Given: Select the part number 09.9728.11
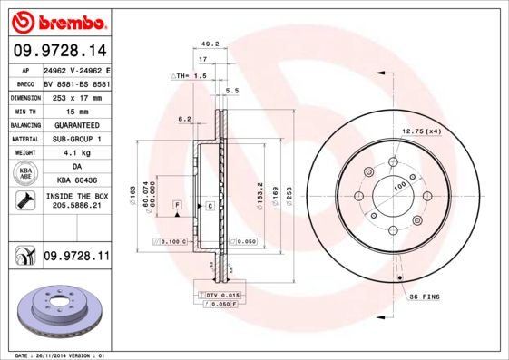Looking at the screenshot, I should pos(75,258).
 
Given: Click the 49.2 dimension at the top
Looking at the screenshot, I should pos(210,43).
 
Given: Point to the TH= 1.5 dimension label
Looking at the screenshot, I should pos(191,76).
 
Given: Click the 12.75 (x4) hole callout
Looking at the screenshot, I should pos(421,131).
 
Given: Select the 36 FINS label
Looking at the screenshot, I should pos(425,297).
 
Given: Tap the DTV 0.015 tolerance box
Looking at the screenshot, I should pos(218,297).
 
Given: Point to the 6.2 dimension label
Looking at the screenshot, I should pos(184,119).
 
